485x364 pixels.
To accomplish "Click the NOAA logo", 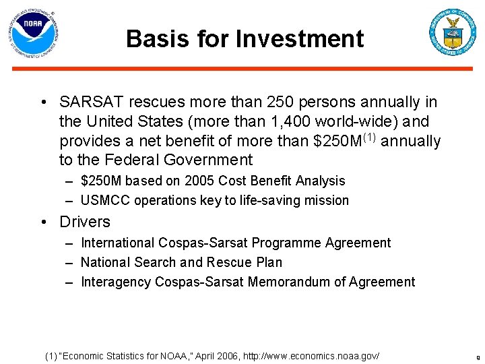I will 34,32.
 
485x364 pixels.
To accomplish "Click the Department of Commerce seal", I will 452,32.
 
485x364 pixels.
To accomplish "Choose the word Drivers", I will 85,222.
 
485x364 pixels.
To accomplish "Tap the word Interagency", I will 115,282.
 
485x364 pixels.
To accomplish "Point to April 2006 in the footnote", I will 224,355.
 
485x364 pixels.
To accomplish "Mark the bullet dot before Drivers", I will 43,222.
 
